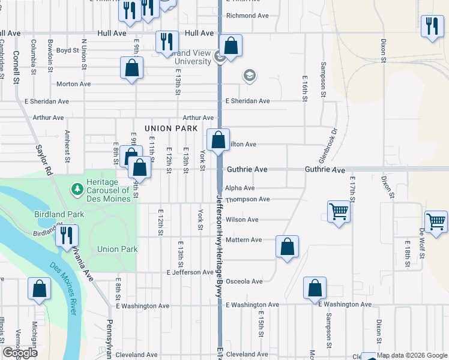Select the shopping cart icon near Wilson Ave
339,212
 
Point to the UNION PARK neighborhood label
171,128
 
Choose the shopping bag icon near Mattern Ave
288,246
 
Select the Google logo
20,353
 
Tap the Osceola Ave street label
244,281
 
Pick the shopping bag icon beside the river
39,289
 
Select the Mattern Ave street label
244,240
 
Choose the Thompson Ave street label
247,199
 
